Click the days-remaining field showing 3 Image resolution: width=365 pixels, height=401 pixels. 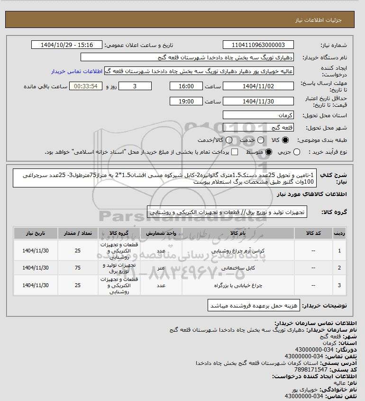click(136, 86)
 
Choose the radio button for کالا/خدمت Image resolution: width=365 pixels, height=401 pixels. click(229, 140)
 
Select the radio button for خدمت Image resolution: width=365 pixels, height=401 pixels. click(259, 140)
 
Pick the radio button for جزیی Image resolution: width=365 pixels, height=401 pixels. click(297, 152)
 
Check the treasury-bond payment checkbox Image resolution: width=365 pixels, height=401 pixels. click(234, 152)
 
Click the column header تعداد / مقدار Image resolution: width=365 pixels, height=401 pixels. click(78, 233)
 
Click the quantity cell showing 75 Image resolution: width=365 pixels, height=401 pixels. click(78, 268)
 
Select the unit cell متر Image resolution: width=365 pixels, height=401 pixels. click(161, 268)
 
